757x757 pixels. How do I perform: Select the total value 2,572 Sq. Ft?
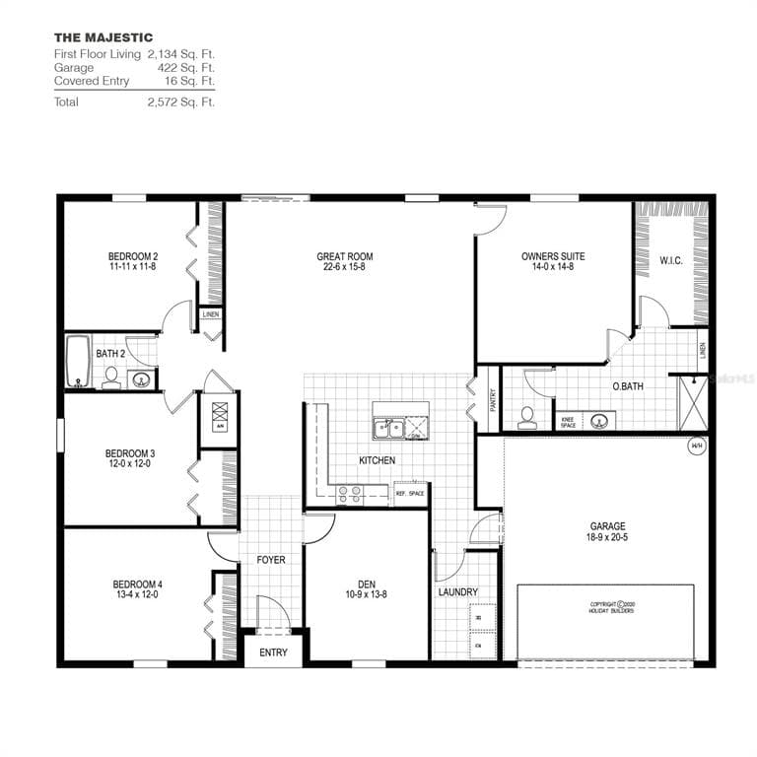180,102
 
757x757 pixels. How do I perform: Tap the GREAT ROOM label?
345,256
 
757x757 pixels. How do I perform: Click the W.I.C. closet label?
671,260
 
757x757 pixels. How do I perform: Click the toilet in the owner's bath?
527,417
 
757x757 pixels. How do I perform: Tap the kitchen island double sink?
391,429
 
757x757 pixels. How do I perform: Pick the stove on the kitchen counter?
350,494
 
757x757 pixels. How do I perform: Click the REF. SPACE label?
409,493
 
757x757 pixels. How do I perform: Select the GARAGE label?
607,526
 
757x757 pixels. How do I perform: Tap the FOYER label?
271,560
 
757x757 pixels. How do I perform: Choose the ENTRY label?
274,653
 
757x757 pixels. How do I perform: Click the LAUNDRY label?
458,592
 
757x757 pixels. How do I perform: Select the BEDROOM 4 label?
135,584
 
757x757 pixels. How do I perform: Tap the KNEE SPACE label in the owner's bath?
569,423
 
